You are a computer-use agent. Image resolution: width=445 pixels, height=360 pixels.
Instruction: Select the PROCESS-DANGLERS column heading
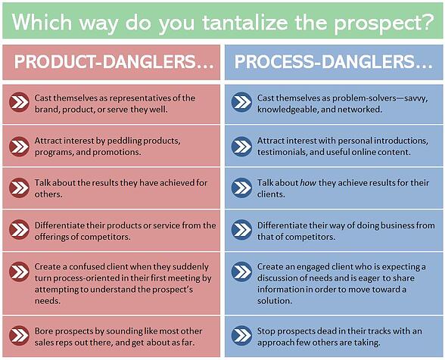[334, 62]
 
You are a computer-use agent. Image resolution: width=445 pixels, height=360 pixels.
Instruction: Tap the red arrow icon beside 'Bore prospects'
[20, 335]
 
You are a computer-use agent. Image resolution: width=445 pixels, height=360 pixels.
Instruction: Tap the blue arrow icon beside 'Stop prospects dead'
[241, 335]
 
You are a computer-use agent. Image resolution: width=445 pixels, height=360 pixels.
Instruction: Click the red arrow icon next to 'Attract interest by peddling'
[20, 146]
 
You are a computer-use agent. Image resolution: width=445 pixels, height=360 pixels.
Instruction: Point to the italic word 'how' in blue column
[309, 184]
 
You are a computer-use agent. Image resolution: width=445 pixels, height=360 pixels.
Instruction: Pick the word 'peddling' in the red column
[135, 141]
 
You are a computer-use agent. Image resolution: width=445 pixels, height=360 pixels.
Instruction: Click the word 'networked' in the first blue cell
[360, 109]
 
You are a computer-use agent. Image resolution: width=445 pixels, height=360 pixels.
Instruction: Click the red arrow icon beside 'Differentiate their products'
[20, 230]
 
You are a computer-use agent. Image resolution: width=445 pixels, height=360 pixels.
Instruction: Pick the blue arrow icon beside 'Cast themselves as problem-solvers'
[241, 103]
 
